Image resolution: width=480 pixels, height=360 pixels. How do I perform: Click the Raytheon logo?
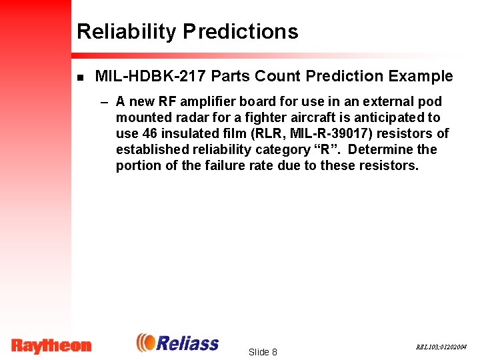point(51,345)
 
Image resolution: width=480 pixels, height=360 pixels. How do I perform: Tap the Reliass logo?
point(178,343)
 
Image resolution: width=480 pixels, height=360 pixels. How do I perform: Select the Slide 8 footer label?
point(262,352)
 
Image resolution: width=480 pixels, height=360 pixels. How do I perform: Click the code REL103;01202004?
point(441,347)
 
